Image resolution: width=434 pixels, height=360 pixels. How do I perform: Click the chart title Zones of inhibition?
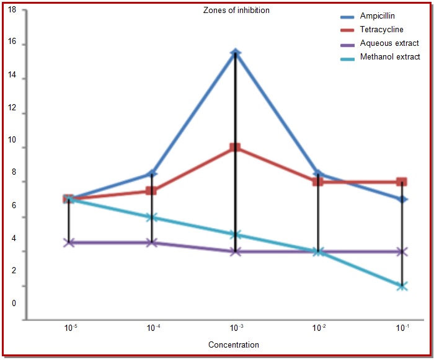(237, 11)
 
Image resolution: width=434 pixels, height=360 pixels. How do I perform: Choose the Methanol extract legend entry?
(390, 57)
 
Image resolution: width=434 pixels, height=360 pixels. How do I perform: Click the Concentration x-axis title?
(234, 345)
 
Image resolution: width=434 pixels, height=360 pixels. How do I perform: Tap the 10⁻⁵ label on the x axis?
(70, 327)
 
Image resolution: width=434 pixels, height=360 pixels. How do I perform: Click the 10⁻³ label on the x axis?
(236, 327)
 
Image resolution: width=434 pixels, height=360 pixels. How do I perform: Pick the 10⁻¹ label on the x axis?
(402, 327)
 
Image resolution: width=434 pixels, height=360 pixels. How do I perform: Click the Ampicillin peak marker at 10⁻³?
(235, 53)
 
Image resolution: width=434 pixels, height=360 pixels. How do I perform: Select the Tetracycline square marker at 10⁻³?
(236, 147)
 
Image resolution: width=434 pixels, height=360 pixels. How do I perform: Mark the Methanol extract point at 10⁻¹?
(402, 286)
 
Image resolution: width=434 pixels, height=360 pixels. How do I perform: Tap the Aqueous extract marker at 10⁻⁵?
(69, 242)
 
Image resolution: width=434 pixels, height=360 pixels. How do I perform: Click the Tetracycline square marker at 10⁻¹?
(402, 182)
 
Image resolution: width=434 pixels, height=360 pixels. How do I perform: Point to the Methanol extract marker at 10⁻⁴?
(152, 217)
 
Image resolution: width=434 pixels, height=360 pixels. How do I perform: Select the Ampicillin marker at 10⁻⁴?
(152, 173)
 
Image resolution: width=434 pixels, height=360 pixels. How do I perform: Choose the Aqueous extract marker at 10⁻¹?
(402, 252)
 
